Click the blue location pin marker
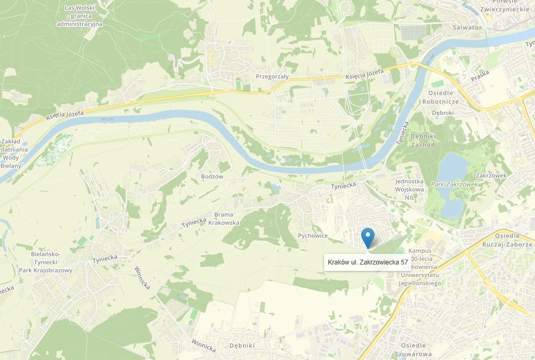368,236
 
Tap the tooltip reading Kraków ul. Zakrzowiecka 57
368,262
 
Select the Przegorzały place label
272,76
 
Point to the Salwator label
467,27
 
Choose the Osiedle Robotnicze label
440,97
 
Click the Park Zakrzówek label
454,184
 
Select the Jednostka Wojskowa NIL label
409,189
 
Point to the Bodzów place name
211,177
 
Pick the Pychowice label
312,236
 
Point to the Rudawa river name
470,8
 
